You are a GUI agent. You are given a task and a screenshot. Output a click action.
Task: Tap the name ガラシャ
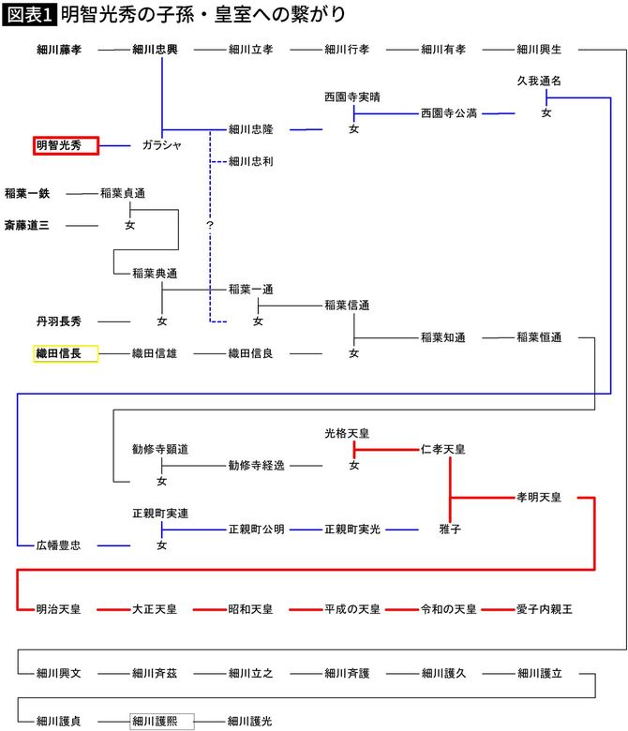(x=161, y=145)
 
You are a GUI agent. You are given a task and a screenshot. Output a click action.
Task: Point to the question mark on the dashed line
(x=210, y=226)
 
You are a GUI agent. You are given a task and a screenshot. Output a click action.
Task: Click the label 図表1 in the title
(x=28, y=15)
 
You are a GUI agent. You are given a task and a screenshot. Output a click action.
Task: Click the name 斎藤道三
(x=27, y=225)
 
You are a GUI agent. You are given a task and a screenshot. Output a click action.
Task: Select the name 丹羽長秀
(x=59, y=321)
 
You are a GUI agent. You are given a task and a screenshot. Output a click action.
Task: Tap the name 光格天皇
(x=348, y=433)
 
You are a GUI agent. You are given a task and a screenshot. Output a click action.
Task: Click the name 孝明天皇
(x=539, y=497)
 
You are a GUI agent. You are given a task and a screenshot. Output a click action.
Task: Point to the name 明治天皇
(x=59, y=609)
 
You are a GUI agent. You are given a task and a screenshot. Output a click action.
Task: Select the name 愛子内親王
(x=545, y=609)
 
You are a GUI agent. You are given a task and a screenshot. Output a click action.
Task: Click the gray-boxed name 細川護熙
(x=161, y=721)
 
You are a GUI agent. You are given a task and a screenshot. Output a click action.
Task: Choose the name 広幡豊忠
(x=59, y=545)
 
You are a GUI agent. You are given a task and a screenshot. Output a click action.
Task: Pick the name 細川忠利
(x=251, y=161)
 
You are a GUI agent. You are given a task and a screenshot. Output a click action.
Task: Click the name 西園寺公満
(x=449, y=113)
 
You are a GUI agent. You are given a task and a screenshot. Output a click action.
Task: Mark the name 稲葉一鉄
(x=27, y=193)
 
